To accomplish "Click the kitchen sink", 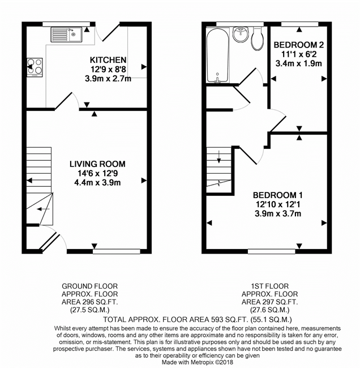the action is [x=66, y=35].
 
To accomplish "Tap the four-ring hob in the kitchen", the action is [x=35, y=67].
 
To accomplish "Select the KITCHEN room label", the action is [x=108, y=60].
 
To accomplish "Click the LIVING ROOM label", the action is [x=97, y=164].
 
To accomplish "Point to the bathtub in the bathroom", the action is [x=217, y=55].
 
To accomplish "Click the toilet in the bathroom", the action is [x=258, y=38].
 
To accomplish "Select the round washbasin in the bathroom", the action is [x=241, y=35].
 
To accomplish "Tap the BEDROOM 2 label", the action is [x=299, y=45].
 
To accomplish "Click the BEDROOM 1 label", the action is [x=277, y=195].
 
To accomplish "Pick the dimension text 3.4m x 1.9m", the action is [x=298, y=63].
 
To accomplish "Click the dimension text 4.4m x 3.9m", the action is [x=97, y=183].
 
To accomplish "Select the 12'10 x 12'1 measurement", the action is [x=278, y=204].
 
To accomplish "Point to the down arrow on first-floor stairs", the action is [x=219, y=157].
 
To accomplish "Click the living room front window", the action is [x=117, y=251].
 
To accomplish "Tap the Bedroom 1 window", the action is [x=272, y=251].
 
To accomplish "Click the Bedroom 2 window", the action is [x=299, y=24].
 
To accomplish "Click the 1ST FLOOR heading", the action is [x=270, y=286].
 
